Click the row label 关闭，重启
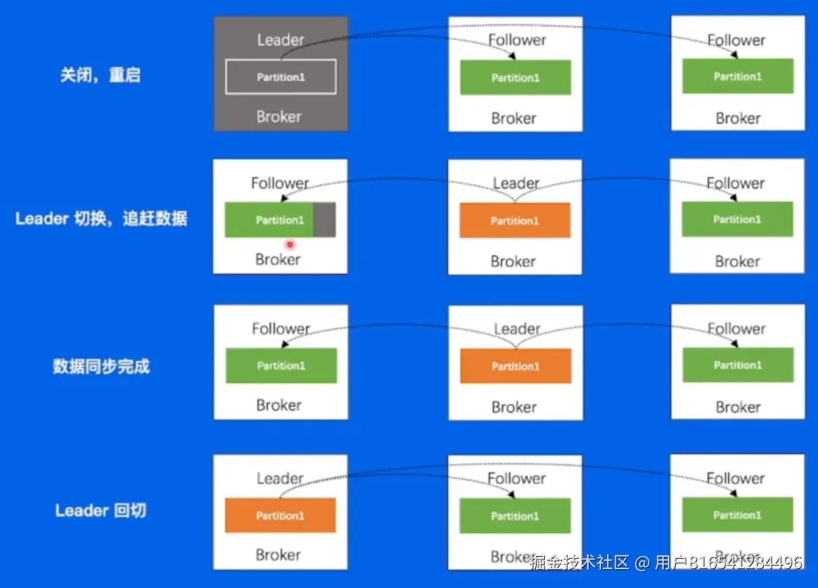[100, 75]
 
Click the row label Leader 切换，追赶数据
[101, 218]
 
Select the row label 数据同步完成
[101, 366]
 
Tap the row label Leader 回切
[101, 510]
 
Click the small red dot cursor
[289, 244]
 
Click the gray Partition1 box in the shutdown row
[281, 77]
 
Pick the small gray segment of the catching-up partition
[324, 220]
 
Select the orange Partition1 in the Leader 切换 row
[515, 220]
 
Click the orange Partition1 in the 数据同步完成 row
[515, 366]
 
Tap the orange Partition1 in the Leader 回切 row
[281, 516]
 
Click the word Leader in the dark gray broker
[281, 40]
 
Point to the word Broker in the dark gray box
[279, 116]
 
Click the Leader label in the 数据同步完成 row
[517, 329]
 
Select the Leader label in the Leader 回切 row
[280, 479]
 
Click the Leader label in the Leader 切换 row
[516, 183]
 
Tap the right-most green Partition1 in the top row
[738, 76]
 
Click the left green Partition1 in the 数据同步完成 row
[281, 366]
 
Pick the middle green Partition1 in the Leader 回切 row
[515, 516]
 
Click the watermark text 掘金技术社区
[579, 562]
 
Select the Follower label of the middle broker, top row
[517, 40]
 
